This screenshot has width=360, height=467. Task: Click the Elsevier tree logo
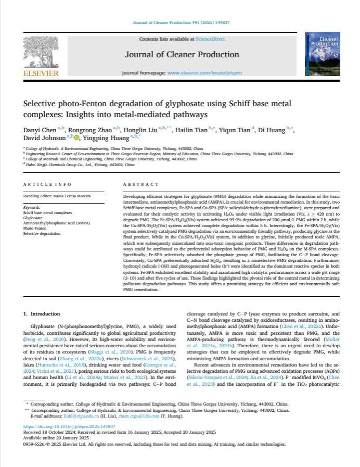[x=41, y=51]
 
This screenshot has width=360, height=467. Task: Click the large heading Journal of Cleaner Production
[x=182, y=55]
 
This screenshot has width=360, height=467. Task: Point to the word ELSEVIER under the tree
[x=41, y=73]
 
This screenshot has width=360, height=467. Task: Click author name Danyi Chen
[x=40, y=128]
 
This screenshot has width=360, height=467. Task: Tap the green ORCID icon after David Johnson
[x=76, y=138]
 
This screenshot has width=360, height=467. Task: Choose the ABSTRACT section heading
[x=141, y=185]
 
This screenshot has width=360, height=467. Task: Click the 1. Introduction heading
[x=42, y=314]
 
